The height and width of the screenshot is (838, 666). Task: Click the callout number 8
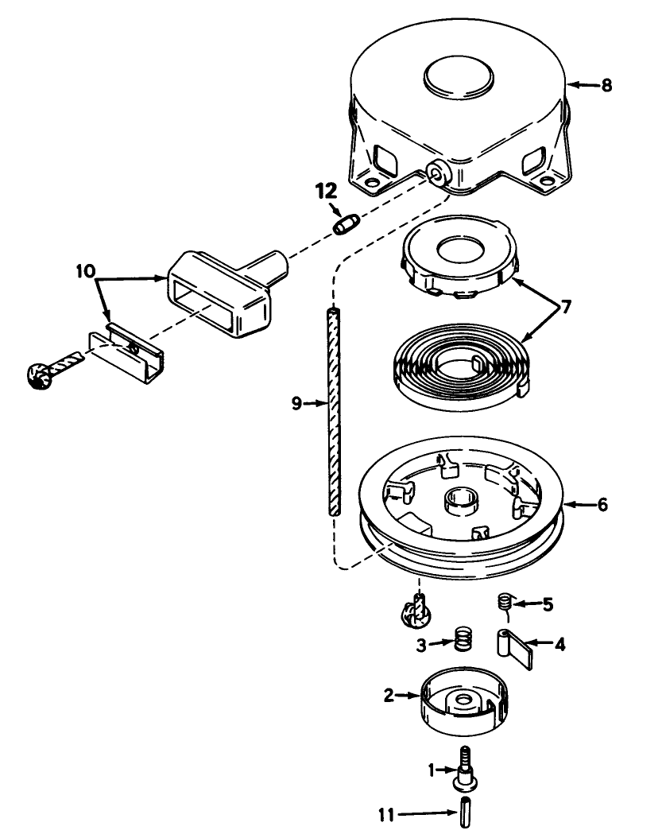pos(606,85)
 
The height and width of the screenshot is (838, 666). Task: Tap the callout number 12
pos(327,191)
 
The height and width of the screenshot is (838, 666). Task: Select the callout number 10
pos(86,270)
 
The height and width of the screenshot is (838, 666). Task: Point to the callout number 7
pos(566,307)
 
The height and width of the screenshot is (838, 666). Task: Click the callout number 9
pos(297,403)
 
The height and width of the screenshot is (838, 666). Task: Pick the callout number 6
pos(602,504)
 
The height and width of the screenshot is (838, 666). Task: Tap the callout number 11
pos(386,814)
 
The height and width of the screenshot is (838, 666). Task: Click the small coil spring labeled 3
pos(463,638)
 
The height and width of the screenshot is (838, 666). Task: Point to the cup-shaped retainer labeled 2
pos(464,700)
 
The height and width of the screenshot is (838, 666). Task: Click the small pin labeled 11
pos(465,813)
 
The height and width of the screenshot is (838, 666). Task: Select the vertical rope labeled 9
pos(334,411)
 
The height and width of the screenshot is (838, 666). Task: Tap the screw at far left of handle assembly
pos(52,369)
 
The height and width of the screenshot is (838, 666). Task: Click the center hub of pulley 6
pos(460,502)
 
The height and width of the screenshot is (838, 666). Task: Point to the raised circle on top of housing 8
pos(459,76)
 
